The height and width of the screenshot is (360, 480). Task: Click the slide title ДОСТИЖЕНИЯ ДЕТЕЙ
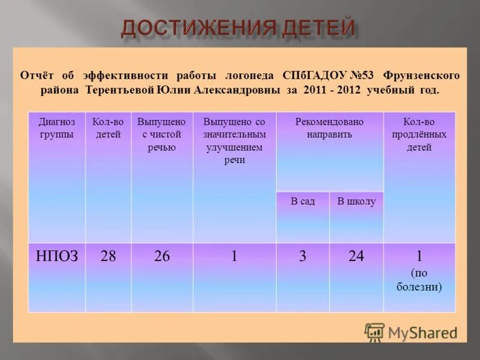coord(239,28)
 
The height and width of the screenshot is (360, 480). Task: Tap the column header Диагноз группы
coord(56,128)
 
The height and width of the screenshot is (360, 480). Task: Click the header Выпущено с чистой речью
coord(161,134)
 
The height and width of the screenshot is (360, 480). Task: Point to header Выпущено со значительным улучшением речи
coord(234,141)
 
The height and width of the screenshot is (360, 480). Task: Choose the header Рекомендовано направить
coord(329,128)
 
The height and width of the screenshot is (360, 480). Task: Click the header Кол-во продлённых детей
coord(419,134)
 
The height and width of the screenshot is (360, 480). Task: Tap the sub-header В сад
coord(302,202)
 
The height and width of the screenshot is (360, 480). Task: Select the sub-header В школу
coord(356,202)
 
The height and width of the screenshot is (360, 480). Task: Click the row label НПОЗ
coord(56,257)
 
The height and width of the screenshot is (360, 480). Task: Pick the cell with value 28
coord(108,257)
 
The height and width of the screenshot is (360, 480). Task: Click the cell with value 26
coord(161,257)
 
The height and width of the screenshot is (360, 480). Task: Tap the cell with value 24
coord(356,257)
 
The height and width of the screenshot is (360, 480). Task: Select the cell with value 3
coord(302,257)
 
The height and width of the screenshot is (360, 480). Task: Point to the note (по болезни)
coord(419,280)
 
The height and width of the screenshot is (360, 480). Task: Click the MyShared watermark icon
coord(374,332)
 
